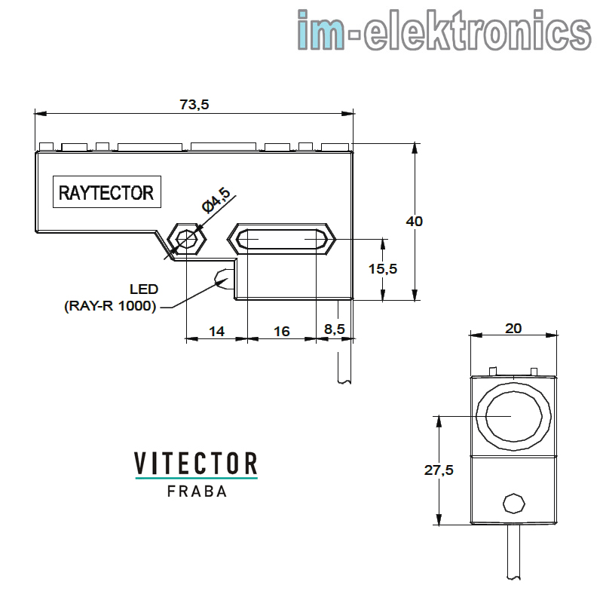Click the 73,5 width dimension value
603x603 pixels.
click(194, 105)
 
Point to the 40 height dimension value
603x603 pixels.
click(414, 222)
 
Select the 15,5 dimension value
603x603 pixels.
click(383, 269)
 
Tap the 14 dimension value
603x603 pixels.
click(216, 332)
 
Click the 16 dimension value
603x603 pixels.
click(281, 332)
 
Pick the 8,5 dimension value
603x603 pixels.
click(335, 329)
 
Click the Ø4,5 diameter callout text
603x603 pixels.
click(216, 200)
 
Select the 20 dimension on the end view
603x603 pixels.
click(513, 329)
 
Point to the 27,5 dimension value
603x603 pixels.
click(439, 470)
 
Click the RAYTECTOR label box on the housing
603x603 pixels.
click(107, 192)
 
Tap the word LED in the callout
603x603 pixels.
click(144, 289)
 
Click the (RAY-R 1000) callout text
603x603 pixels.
click(110, 306)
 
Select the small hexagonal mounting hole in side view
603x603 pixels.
click(187, 239)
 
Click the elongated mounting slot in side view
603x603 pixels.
click(281, 239)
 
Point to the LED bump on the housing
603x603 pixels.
click(224, 279)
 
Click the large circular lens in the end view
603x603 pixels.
click(514, 416)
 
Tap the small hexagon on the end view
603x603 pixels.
click(514, 504)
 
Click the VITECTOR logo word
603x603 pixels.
click(196, 464)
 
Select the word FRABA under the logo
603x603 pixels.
click(197, 491)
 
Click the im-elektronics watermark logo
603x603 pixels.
click(444, 30)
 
